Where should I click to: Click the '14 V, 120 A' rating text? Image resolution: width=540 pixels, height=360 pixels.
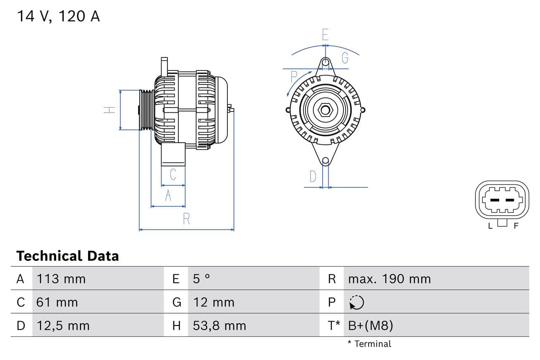click(58, 16)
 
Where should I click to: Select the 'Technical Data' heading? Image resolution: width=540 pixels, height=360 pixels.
click(67, 256)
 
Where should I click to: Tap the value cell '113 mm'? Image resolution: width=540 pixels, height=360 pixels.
click(61, 279)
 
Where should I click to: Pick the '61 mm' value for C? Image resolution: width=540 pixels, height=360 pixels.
click(57, 302)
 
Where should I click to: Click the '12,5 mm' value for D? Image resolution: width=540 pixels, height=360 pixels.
click(63, 326)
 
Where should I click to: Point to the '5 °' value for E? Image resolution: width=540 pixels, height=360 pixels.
click(201, 279)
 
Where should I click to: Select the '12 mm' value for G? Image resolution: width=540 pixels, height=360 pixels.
click(213, 302)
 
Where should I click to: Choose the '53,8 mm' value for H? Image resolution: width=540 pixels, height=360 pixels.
click(219, 326)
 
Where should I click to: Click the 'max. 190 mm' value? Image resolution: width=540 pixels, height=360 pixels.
click(389, 279)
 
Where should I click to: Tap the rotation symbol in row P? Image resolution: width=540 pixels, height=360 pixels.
click(357, 302)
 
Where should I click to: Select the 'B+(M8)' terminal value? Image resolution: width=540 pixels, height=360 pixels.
click(370, 326)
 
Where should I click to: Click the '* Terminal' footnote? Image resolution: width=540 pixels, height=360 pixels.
click(369, 344)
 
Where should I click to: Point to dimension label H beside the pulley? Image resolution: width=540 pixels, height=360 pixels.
click(110, 110)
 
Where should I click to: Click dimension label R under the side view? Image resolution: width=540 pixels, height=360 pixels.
click(186, 219)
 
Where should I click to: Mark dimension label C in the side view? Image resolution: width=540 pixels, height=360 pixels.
click(173, 174)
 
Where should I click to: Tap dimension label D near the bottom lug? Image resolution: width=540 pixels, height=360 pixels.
click(313, 176)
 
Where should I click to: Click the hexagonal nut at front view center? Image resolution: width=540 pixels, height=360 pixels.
click(325, 110)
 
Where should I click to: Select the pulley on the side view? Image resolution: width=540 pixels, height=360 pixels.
click(147, 110)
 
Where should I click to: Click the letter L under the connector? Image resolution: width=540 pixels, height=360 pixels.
click(490, 226)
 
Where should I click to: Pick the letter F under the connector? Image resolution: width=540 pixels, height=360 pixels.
click(516, 226)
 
